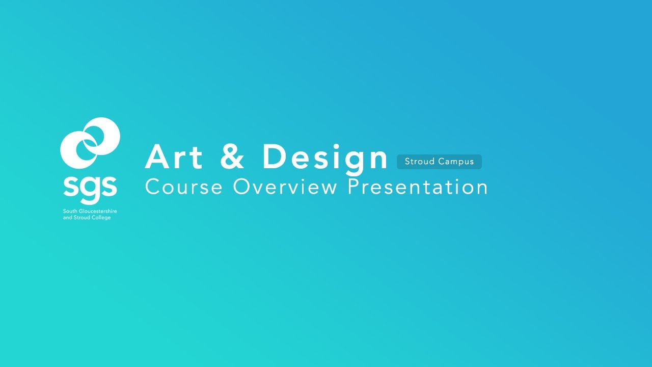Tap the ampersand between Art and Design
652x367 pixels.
coord(232,157)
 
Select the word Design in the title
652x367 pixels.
coord(325,158)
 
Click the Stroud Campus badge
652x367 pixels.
coord(439,162)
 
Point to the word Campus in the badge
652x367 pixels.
coord(456,162)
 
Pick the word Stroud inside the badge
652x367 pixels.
coord(420,162)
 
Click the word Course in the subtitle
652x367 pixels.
coord(184,187)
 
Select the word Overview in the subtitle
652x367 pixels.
coord(285,187)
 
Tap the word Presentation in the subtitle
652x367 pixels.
coord(418,187)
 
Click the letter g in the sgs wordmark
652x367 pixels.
coord(90,188)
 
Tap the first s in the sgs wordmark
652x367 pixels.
coord(70,187)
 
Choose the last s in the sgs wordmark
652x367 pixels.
coord(110,187)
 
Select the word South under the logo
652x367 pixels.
coord(69,211)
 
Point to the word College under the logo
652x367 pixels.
coord(101,218)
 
